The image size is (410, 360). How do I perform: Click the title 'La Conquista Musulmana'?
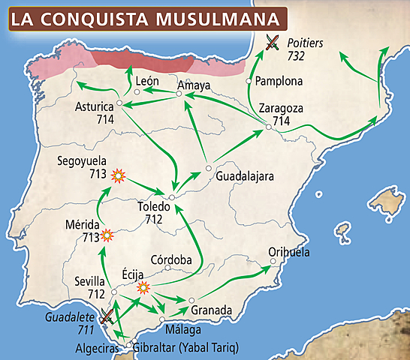pyautogui.click(x=149, y=17)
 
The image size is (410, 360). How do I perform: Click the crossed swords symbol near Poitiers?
pyautogui.click(x=272, y=43)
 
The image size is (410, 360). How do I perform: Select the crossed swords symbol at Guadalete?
pyautogui.click(x=108, y=316)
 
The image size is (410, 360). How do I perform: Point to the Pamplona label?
pyautogui.click(x=279, y=81)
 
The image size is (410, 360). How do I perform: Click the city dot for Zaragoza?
pyautogui.click(x=269, y=128)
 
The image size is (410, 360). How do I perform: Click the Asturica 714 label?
pyautogui.click(x=95, y=113)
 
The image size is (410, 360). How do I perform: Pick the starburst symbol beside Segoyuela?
pyautogui.click(x=117, y=176)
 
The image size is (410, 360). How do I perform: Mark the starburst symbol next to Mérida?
pyautogui.click(x=107, y=235)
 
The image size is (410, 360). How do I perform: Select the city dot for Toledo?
pyautogui.click(x=172, y=197)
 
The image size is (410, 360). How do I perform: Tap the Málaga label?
pyautogui.click(x=184, y=330)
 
